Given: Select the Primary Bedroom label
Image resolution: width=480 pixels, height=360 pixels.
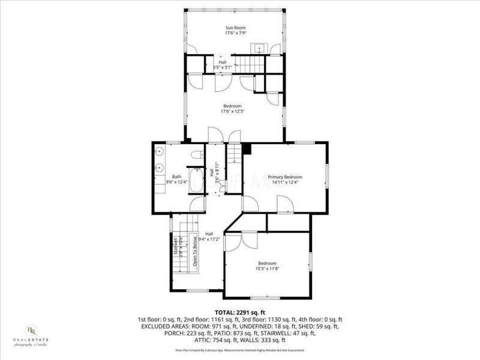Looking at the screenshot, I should pos(285,177).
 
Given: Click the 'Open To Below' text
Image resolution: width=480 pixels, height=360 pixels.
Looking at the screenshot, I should pos(195,252).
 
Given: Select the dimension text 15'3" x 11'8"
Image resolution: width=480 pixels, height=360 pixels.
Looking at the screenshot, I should pos(267,269).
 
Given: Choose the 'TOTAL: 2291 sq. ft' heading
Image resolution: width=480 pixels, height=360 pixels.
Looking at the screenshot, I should pos(239,313).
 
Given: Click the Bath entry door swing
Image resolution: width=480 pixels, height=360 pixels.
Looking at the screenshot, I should pos(197,205).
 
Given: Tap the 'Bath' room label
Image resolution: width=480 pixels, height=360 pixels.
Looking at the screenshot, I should pos(176,176).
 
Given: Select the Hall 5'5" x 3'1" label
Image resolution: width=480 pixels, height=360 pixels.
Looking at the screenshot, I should pos(223,65).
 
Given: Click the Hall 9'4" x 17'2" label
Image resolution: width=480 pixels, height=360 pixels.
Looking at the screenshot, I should pos(209,237).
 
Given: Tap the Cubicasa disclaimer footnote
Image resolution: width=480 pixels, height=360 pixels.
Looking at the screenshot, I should pos(239,350).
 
